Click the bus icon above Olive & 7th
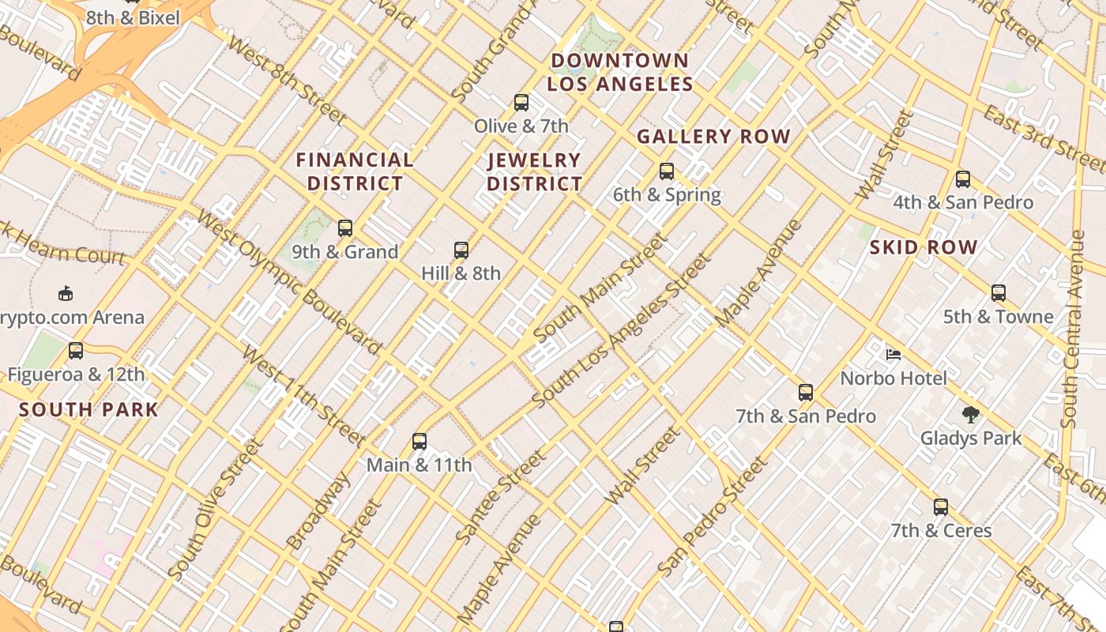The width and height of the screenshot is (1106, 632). click(x=521, y=102)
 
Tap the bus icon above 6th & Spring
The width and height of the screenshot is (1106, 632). click(x=667, y=171)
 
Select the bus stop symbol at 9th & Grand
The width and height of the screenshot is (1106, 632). click(x=345, y=228)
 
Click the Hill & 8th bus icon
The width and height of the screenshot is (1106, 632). click(x=461, y=250)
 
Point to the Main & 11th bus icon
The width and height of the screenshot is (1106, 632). click(x=419, y=442)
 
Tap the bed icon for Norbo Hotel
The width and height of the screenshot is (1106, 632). click(x=893, y=355)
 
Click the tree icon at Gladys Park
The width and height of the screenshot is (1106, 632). click(x=971, y=414)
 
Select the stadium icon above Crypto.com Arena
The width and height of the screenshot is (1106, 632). click(x=66, y=294)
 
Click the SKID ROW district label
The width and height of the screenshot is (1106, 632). click(x=924, y=247)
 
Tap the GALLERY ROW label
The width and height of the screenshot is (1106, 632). click(x=713, y=137)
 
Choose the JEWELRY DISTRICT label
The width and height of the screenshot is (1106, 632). click(x=535, y=172)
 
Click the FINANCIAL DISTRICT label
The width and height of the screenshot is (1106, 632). click(x=355, y=171)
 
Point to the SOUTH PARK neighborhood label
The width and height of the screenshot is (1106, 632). click(x=88, y=410)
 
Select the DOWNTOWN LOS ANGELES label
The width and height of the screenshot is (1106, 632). click(x=620, y=72)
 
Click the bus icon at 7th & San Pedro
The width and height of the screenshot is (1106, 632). click(x=806, y=392)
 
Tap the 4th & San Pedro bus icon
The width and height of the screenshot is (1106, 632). click(x=962, y=179)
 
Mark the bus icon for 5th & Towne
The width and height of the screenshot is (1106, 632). click(x=999, y=293)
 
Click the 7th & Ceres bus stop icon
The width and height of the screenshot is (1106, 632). click(x=941, y=507)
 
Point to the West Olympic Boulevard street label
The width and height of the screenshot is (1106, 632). click(x=289, y=282)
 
